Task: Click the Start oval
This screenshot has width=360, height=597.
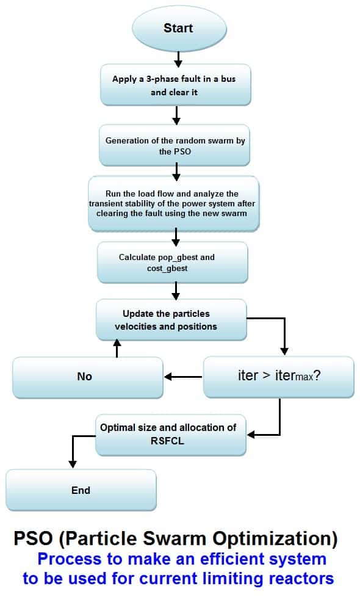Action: (x=178, y=28)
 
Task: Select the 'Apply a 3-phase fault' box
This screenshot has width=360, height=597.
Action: (x=176, y=85)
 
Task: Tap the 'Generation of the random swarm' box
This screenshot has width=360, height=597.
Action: (x=175, y=146)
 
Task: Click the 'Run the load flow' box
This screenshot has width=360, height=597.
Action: (x=174, y=203)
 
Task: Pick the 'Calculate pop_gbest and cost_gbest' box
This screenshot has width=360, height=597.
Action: (x=173, y=263)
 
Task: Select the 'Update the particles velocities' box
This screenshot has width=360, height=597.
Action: (x=171, y=320)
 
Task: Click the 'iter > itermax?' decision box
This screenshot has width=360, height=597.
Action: (x=278, y=377)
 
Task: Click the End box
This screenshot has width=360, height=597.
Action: (x=81, y=490)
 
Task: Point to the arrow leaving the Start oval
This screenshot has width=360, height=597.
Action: (x=178, y=59)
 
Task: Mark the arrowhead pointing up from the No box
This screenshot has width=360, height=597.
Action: (x=116, y=346)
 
